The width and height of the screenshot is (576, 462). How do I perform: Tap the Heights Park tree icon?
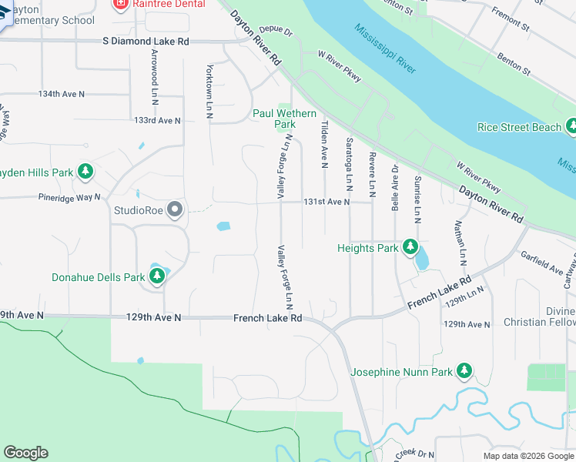[411, 248]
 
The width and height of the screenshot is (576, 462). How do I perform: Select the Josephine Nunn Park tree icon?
[464, 372]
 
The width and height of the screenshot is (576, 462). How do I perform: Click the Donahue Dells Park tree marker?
[157, 276]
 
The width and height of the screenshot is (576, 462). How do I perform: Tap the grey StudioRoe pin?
[176, 209]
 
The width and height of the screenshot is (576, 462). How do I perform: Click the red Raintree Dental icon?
[120, 5]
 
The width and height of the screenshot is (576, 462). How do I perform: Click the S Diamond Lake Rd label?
[146, 42]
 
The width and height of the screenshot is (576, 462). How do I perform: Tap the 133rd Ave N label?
[156, 121]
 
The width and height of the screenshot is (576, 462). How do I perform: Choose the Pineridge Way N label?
[70, 197]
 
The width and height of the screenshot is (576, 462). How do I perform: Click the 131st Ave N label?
[327, 202]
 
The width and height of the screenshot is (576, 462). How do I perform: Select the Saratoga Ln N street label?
[349, 163]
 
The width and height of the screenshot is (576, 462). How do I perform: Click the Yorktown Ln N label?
[209, 91]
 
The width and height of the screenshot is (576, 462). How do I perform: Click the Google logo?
[25, 453]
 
